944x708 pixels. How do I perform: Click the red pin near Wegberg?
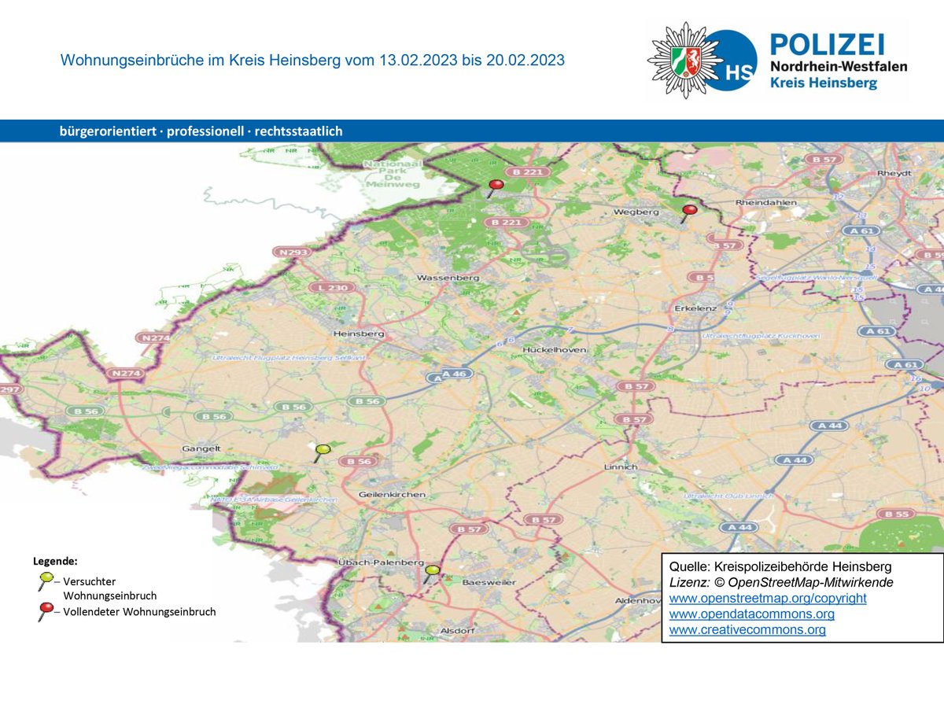690,211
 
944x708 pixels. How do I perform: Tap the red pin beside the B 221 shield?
496,186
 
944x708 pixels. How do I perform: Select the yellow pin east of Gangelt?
323,450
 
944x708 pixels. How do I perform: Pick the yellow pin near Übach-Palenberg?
432,570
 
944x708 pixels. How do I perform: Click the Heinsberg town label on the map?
359,334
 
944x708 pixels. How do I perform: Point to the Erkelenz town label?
695,308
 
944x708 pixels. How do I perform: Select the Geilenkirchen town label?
392,495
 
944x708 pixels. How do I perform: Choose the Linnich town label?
620,466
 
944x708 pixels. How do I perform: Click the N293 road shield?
293,252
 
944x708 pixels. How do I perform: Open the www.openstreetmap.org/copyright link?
768,598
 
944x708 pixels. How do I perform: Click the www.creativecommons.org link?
747,629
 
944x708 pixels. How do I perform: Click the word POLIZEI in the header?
827,44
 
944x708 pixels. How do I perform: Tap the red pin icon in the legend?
47,609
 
